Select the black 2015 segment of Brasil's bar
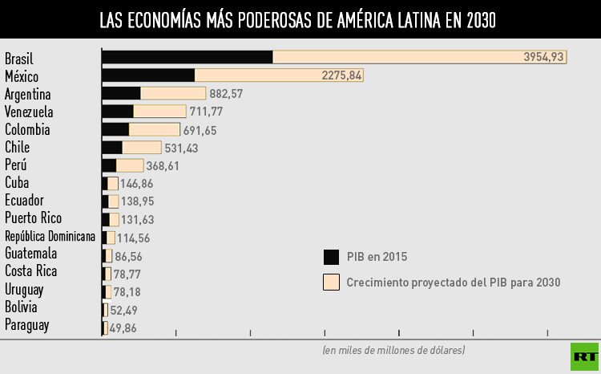(187, 57)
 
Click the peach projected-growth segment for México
(279, 75)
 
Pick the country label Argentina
(27, 94)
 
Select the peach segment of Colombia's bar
(154, 129)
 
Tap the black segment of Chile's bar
(112, 148)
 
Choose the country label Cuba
(17, 183)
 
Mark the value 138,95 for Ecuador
(137, 201)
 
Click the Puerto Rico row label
(33, 218)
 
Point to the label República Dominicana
(50, 236)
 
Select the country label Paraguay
(26, 325)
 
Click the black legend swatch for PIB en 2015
(331, 257)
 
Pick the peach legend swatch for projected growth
(331, 283)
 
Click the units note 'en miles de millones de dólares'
(393, 350)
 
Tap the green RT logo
(583, 356)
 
